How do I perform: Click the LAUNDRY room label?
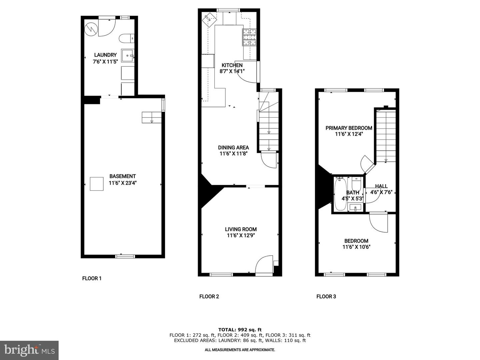105,55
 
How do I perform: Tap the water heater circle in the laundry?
90,29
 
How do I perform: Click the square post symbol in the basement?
97,184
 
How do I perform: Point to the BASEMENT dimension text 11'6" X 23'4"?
122,183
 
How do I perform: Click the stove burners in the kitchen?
250,37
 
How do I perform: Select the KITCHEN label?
232,65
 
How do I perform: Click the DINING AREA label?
233,147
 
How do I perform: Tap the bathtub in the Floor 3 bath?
340,194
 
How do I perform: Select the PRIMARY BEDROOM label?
349,128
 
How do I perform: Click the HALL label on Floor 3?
381,186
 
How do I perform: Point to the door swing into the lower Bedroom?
379,222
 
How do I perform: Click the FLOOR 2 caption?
209,296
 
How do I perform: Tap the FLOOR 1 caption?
92,278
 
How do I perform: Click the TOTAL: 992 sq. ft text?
240,330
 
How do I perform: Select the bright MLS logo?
29,350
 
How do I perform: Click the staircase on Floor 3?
386,137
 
